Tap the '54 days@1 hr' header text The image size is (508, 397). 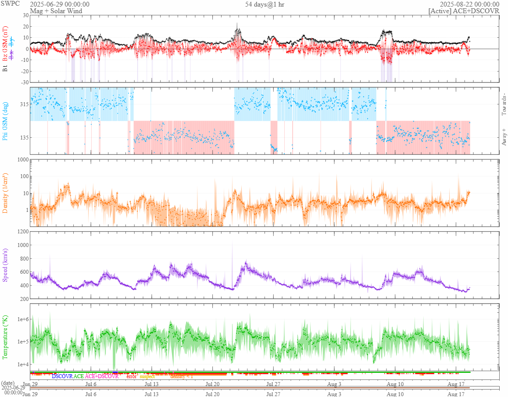tap(264, 4)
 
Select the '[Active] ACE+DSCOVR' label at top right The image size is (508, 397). tap(464, 11)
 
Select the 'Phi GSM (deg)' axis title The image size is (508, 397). tap(5, 121)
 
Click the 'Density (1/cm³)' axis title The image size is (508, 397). tap(5, 193)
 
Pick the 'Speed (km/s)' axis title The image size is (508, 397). tap(5, 265)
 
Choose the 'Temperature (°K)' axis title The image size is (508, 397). tap(5, 337)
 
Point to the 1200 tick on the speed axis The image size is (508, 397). tap(23, 231)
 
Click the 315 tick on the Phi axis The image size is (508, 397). tap(24, 104)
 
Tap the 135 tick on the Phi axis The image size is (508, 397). tap(24, 137)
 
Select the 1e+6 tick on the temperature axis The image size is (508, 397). tap(22, 319)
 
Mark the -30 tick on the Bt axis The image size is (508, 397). tap(24, 82)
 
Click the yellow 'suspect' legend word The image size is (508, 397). tap(147, 376)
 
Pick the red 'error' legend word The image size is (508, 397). tap(132, 376)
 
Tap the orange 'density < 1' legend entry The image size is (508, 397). tap(182, 376)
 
